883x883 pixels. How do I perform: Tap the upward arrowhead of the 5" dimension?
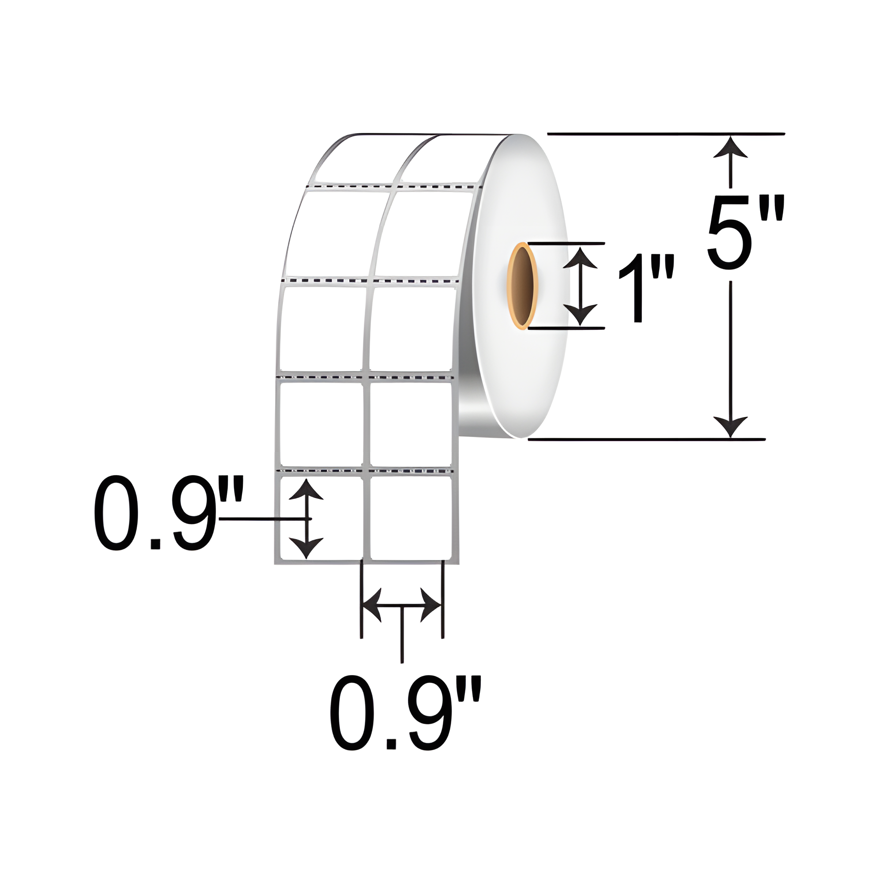(730, 147)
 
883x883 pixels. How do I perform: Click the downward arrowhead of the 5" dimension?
(730, 426)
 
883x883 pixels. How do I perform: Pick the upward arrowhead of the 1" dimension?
(580, 258)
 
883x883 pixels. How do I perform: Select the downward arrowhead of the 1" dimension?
(580, 314)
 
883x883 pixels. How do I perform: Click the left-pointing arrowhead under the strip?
(372, 605)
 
